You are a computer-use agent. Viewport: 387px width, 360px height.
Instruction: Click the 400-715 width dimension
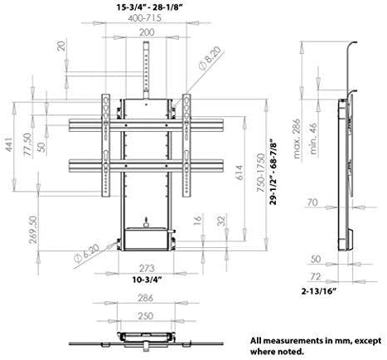click(144, 18)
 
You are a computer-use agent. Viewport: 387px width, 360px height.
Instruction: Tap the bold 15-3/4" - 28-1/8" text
click(150, 7)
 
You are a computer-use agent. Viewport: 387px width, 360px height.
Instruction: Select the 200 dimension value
click(147, 32)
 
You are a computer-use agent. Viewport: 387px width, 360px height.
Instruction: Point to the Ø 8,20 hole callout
click(210, 58)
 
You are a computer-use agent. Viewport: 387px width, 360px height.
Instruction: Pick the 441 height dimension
click(9, 144)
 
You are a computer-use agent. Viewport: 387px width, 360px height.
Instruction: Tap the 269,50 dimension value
click(33, 230)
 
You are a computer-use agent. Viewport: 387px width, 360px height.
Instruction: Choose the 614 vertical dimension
click(240, 173)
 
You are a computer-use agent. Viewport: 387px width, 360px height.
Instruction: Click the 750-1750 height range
click(260, 173)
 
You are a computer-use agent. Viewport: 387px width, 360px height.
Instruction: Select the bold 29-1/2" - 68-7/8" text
click(273, 173)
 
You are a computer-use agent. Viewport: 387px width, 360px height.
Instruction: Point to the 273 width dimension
click(147, 268)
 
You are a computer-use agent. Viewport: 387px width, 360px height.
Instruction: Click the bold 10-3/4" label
click(147, 280)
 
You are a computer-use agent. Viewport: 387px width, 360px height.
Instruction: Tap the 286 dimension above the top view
click(146, 298)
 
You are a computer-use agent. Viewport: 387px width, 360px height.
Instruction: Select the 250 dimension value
click(146, 316)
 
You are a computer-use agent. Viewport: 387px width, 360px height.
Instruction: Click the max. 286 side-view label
click(297, 139)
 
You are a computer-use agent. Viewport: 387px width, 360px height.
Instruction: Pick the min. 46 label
click(313, 139)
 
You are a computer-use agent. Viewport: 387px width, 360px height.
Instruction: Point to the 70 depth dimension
click(312, 202)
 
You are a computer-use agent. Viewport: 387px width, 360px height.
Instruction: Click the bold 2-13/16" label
click(319, 290)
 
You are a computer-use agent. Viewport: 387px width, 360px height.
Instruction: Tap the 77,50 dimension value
click(27, 145)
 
